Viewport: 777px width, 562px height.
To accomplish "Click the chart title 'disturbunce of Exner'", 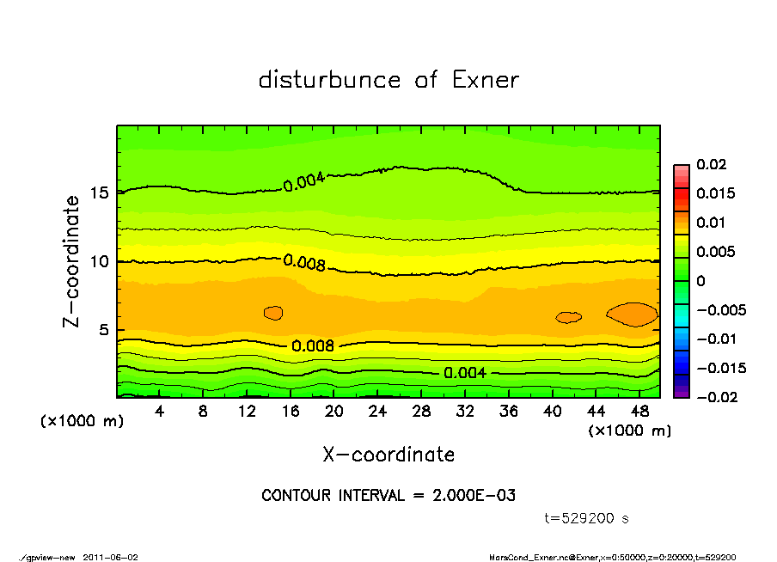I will (x=388, y=80).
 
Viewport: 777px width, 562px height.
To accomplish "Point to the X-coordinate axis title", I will (x=388, y=455).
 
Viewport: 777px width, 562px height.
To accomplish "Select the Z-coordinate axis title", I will (x=72, y=261).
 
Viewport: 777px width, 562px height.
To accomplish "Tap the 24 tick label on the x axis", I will (x=377, y=412).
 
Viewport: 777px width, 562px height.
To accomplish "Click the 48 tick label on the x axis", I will (x=639, y=412).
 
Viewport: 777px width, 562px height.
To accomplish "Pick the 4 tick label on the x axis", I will (x=159, y=412).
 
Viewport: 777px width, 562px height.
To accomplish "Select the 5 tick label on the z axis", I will (x=105, y=330).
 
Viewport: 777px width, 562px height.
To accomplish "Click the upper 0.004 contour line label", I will (x=304, y=180).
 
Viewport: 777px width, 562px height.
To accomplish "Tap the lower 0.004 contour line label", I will (x=465, y=372).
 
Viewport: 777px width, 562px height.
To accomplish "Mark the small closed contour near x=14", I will (x=273, y=313).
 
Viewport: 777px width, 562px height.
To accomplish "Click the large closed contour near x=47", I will (x=633, y=314).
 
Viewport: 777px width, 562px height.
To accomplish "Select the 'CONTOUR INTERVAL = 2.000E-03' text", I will (x=388, y=496).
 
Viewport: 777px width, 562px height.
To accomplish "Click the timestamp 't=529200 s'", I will (x=587, y=518).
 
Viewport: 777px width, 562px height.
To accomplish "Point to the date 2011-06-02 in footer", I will (x=109, y=557).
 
